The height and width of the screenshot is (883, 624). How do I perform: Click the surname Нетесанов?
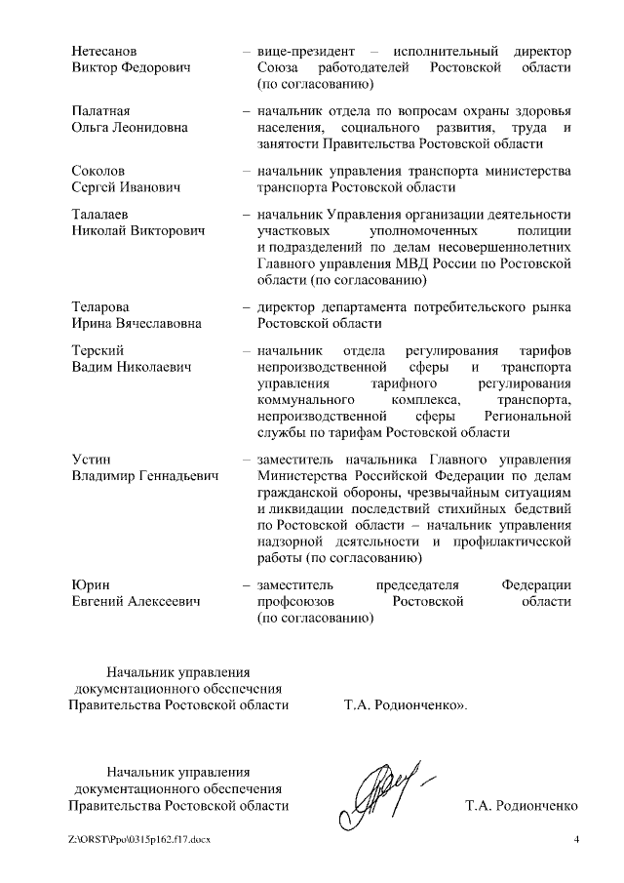point(104,50)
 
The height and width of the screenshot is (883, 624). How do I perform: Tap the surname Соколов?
point(98,171)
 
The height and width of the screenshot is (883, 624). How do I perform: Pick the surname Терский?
point(97,350)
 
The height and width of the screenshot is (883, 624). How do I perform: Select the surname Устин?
point(92,460)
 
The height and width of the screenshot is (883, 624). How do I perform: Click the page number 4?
point(576,840)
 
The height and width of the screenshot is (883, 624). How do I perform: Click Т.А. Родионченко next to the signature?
point(523,805)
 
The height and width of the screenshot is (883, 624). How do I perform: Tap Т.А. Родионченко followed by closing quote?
point(405,703)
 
